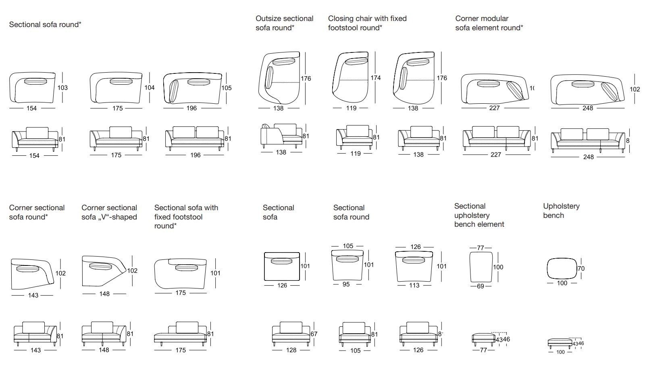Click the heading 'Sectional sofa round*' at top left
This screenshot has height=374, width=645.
[x=45, y=25]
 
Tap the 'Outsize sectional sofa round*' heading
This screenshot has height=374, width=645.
[x=284, y=23]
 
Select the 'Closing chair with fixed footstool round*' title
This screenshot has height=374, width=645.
[x=367, y=23]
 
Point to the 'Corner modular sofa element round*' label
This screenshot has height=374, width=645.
[x=489, y=23]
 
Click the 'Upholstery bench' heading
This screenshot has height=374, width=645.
[x=561, y=211]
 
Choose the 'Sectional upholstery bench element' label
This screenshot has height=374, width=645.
[x=479, y=215]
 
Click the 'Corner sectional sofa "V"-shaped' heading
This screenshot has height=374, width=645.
[x=109, y=212]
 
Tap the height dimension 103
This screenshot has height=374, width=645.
[x=62, y=88]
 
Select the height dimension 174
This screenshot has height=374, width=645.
[x=375, y=77]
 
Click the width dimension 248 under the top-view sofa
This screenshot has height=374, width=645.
[x=588, y=108]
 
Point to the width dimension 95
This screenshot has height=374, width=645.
[x=346, y=284]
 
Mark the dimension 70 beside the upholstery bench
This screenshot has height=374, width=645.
[x=581, y=268]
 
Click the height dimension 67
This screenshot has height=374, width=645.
[x=314, y=334]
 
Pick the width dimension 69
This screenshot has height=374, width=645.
[x=480, y=286]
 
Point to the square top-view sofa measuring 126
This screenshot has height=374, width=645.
[x=282, y=266]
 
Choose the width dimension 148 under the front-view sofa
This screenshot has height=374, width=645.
[x=104, y=350]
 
